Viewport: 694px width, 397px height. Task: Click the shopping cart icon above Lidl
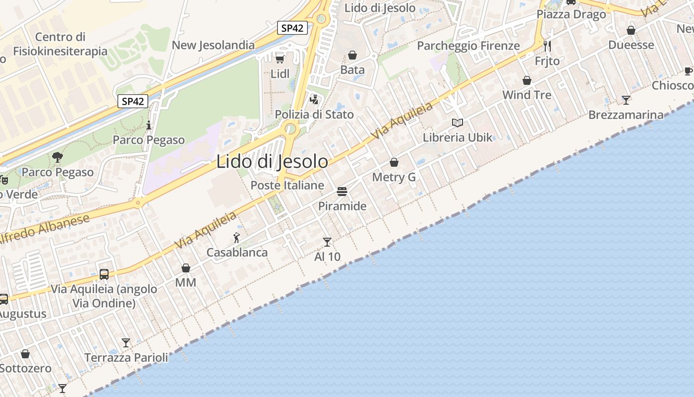[x=280, y=59]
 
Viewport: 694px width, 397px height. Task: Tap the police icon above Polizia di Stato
[x=314, y=99]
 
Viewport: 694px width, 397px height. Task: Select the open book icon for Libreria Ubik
[x=457, y=123]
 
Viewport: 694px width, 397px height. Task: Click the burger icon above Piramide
[x=342, y=191]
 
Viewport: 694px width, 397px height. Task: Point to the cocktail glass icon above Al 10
[x=327, y=242]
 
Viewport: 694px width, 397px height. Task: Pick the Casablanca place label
[x=237, y=253]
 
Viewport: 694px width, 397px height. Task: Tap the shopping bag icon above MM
[x=186, y=268]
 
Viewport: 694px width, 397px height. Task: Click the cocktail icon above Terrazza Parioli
[x=126, y=342]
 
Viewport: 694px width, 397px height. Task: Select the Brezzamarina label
[x=626, y=115]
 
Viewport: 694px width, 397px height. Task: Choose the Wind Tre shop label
[x=526, y=95]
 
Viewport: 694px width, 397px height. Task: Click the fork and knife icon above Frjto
[x=547, y=46]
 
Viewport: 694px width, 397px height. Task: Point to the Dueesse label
[x=631, y=45]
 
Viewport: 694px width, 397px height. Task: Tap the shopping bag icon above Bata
[x=352, y=55]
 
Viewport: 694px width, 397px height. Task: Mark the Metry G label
[x=394, y=177]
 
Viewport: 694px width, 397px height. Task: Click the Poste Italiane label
[x=287, y=186]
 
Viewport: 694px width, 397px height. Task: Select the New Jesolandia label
[x=213, y=45]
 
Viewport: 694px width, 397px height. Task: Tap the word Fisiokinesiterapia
[x=60, y=51]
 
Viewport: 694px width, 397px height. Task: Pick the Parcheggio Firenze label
[x=468, y=46]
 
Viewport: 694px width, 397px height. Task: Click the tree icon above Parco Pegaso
[x=58, y=157]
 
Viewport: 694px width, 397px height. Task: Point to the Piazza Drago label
[x=571, y=14]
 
